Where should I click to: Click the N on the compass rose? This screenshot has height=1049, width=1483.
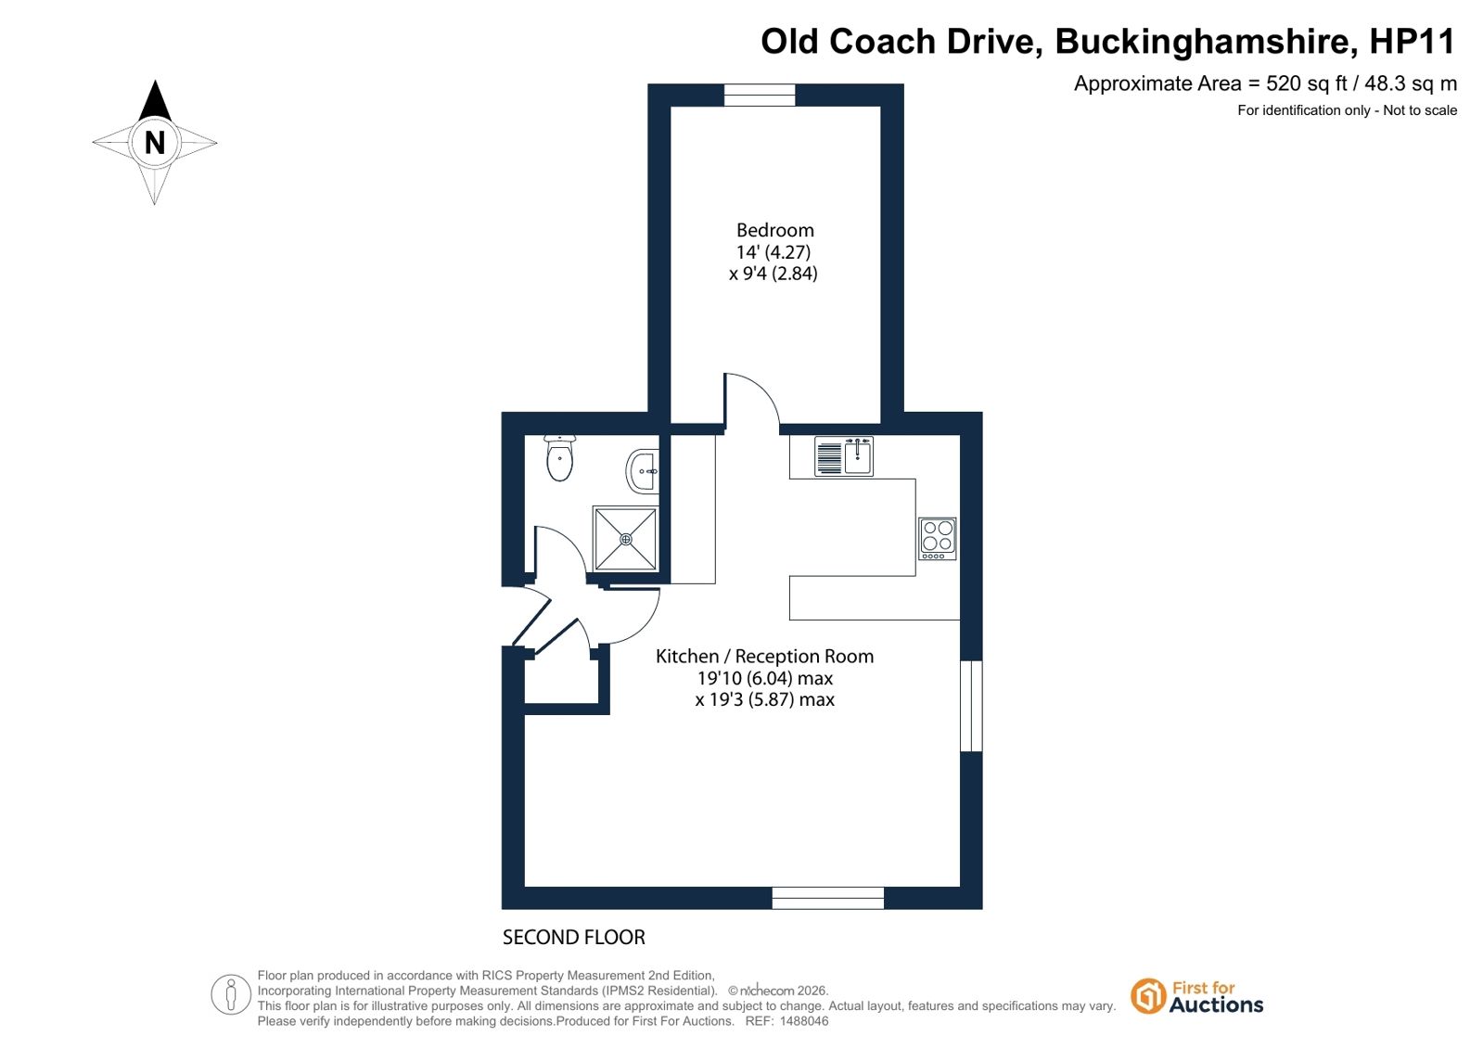(155, 143)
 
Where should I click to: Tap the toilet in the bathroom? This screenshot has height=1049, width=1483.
(560, 457)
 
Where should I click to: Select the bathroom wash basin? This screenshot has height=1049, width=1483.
(642, 471)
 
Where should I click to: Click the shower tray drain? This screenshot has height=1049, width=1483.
(626, 540)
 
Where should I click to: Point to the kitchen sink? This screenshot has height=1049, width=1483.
(844, 456)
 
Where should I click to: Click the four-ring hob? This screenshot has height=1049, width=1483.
(938, 538)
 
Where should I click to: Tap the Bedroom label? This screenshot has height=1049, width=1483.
(775, 230)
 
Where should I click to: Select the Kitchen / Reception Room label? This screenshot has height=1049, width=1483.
(764, 657)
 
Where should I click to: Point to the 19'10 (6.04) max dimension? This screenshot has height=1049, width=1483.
(764, 678)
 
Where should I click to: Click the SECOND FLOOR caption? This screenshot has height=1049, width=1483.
(573, 937)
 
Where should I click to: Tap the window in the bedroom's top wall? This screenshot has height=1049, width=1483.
(760, 95)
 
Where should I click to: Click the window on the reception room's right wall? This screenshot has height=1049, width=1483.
(971, 706)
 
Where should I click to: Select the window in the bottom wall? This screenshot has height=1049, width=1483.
(827, 898)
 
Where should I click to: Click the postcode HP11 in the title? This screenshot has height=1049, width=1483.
(1413, 41)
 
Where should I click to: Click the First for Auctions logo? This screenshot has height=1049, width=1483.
(1196, 997)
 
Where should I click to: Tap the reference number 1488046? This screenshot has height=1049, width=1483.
(804, 1021)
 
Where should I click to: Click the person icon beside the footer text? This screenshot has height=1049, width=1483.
(230, 994)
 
